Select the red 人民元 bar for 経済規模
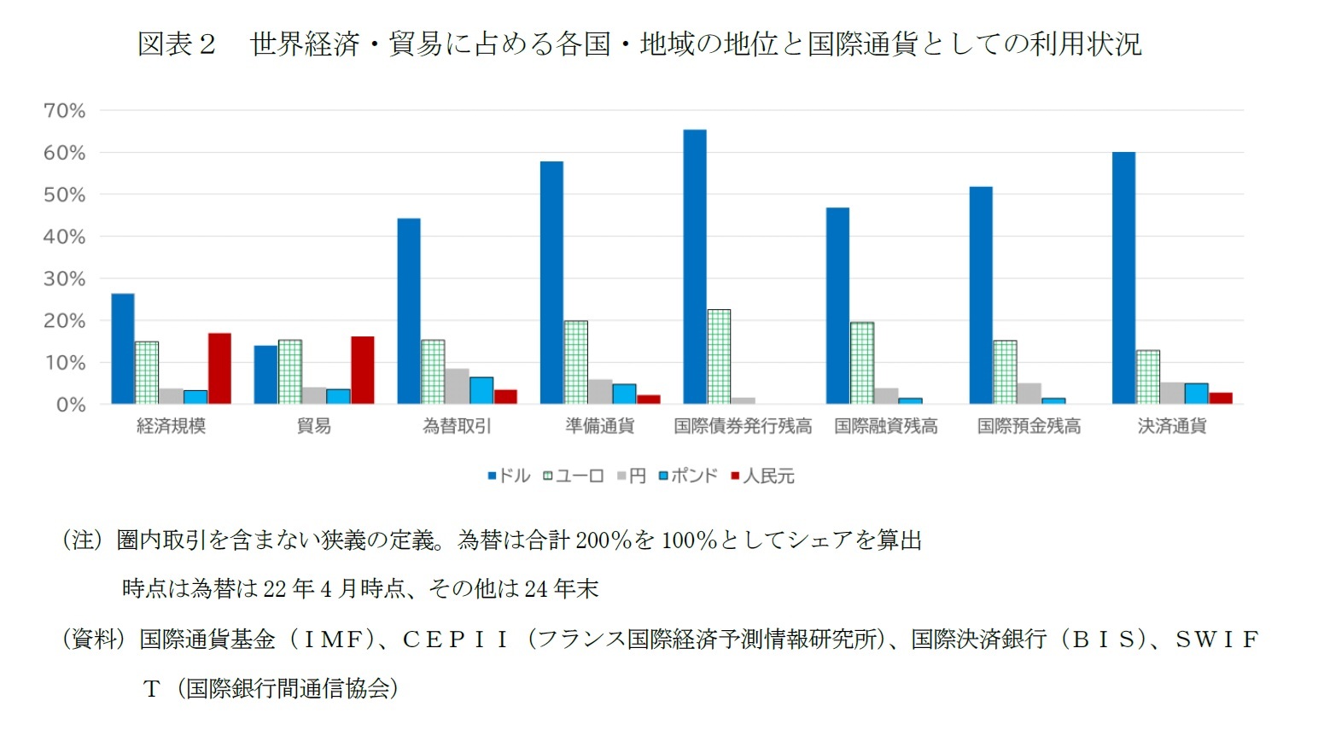coord(219,368)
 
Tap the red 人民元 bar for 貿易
coord(362,370)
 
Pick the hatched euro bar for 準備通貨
coord(575,362)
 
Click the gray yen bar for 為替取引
coord(457,386)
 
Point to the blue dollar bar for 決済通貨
coord(1123,277)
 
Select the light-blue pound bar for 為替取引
coord(481,390)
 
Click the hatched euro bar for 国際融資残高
coord(861,363)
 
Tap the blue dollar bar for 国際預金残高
coord(981,295)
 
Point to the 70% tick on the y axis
coord(64,110)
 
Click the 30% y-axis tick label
coord(64,278)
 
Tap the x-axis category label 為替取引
coord(457,425)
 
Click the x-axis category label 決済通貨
coord(1171,425)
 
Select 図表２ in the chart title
coord(177,44)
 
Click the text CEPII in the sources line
coord(456,639)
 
